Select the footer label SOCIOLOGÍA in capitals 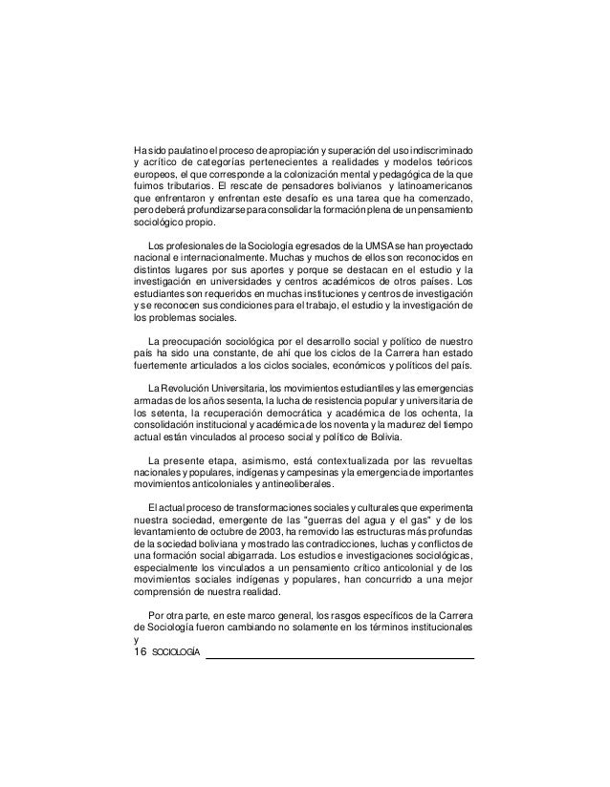click(x=176, y=653)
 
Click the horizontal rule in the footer click(x=340, y=658)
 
